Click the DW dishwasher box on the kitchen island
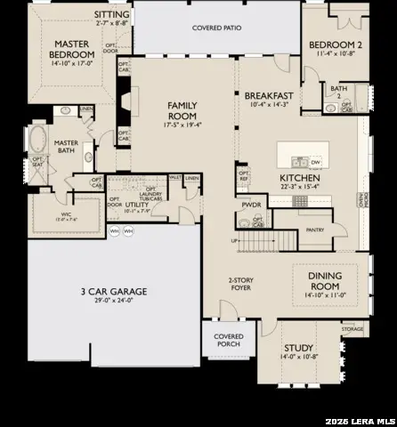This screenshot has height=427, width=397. pyautogui.click(x=314, y=163)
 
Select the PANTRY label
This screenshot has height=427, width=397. pyautogui.click(x=314, y=229)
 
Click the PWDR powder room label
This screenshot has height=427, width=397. pyautogui.click(x=251, y=205)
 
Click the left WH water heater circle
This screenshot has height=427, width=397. pyautogui.click(x=114, y=230)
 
